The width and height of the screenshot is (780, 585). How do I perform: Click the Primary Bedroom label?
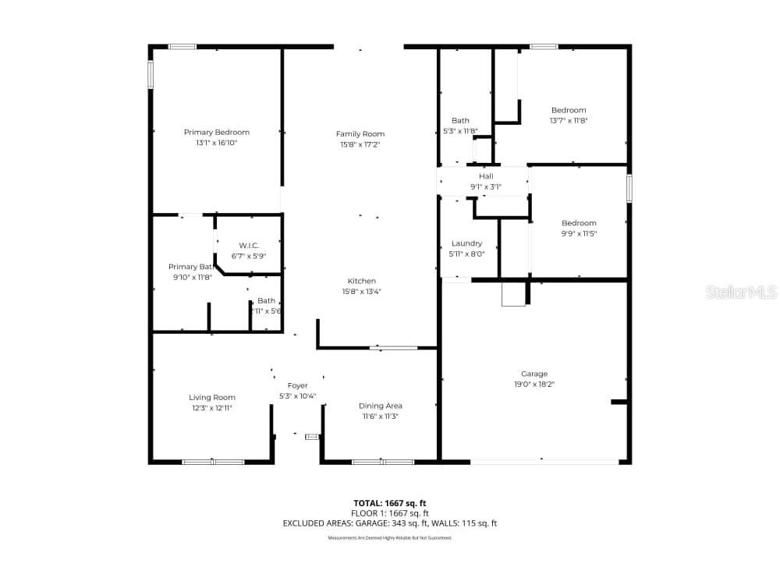click(216, 133)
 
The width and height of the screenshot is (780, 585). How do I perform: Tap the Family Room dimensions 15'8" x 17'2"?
click(360, 145)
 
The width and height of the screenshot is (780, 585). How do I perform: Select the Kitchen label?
click(361, 281)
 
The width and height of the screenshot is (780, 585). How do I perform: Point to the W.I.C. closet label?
click(248, 245)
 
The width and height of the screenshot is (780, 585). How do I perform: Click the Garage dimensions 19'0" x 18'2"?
click(534, 384)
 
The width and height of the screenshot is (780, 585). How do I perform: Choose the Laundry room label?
click(466, 243)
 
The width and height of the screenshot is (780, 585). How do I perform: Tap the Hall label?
click(485, 176)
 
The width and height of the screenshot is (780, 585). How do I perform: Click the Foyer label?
click(297, 385)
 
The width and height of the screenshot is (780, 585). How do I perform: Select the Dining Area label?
click(380, 406)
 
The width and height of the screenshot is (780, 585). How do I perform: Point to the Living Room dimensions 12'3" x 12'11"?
click(211, 408)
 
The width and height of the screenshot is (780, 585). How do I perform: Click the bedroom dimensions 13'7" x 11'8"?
click(568, 121)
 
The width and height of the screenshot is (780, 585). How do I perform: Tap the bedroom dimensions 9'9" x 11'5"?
click(578, 233)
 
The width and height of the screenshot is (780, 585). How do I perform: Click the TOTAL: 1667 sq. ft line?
click(390, 503)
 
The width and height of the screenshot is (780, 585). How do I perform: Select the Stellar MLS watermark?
click(741, 292)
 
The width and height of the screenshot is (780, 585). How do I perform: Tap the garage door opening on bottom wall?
click(544, 462)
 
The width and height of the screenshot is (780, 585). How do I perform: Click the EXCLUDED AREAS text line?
click(390, 523)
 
